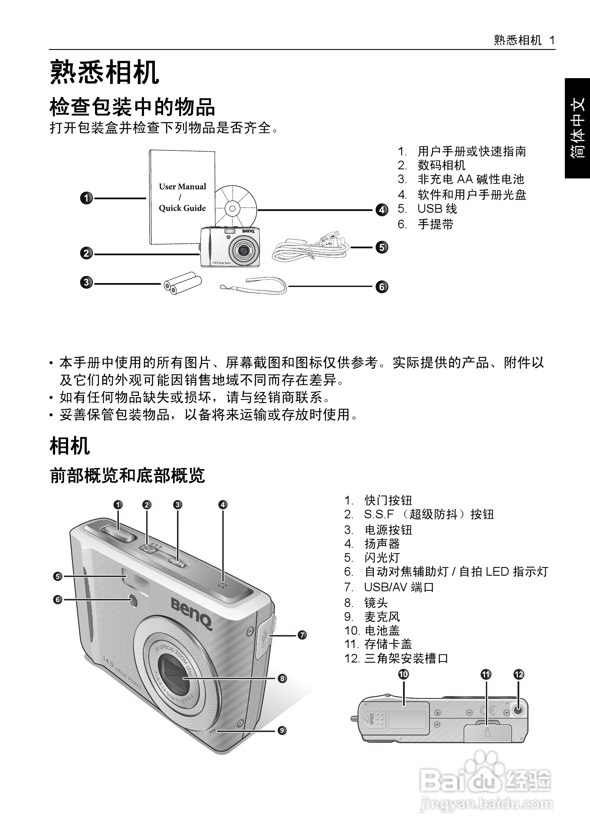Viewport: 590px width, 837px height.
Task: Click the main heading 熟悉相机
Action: coord(105,72)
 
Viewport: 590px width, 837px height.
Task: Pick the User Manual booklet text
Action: coord(182,197)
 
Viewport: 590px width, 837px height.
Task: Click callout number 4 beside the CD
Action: coord(381,210)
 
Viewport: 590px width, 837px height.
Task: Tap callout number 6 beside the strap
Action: coord(381,287)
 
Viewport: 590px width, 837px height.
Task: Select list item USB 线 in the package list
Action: coord(437,209)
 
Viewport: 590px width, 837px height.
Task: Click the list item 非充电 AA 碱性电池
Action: coord(471,179)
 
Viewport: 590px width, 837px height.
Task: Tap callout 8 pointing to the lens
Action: coord(282,678)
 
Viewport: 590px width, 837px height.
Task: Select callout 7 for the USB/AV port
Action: coord(302,635)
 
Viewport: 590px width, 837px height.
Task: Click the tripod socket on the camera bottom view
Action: coord(518,710)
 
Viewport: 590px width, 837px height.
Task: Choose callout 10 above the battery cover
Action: coord(403,674)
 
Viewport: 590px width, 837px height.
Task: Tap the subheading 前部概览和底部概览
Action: coord(127,476)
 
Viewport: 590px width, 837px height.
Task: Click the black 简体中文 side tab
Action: coord(577,128)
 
